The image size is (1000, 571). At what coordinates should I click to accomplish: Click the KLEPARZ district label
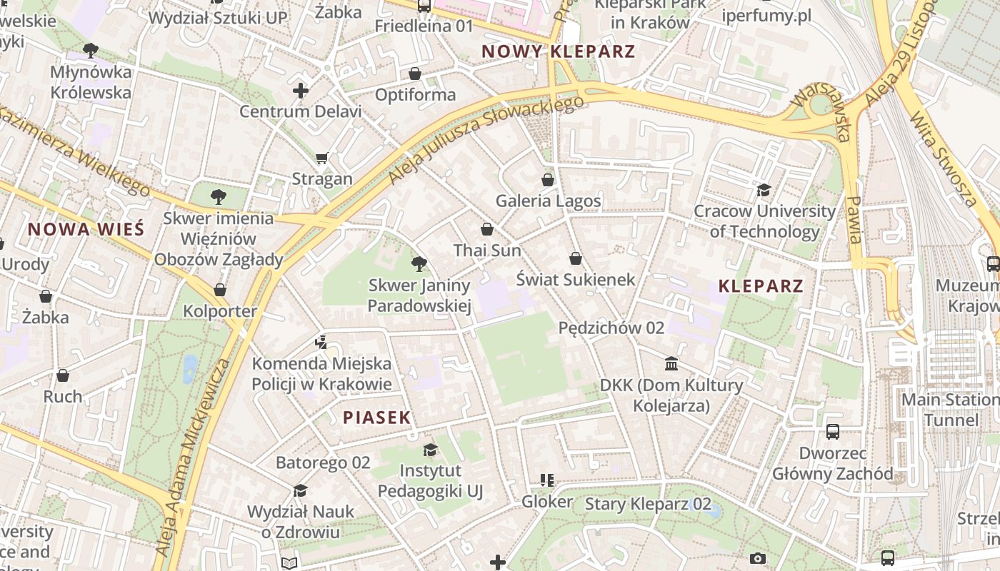point(761,286)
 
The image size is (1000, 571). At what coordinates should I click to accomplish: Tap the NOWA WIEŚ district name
point(86,229)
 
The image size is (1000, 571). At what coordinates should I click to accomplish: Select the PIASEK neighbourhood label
point(377,418)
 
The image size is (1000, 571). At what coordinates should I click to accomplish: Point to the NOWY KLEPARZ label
point(558,51)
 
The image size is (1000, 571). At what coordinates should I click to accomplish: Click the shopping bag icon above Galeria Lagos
point(548,179)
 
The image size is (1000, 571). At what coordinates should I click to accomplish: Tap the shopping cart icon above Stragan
point(322,158)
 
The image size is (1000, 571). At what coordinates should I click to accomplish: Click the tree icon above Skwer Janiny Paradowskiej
point(419,265)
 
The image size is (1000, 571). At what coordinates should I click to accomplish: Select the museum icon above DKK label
point(671,364)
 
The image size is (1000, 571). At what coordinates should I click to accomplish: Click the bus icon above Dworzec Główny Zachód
point(833,431)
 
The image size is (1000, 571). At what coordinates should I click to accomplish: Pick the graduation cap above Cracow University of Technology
point(764,190)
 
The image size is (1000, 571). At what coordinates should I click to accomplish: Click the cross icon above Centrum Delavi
point(301,91)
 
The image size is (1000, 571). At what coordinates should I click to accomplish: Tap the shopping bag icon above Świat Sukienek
point(576,258)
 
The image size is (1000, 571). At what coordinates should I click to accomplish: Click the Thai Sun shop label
point(487,251)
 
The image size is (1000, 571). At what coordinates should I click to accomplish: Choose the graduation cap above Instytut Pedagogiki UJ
point(430,450)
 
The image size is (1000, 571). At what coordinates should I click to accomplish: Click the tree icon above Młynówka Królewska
point(91,51)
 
